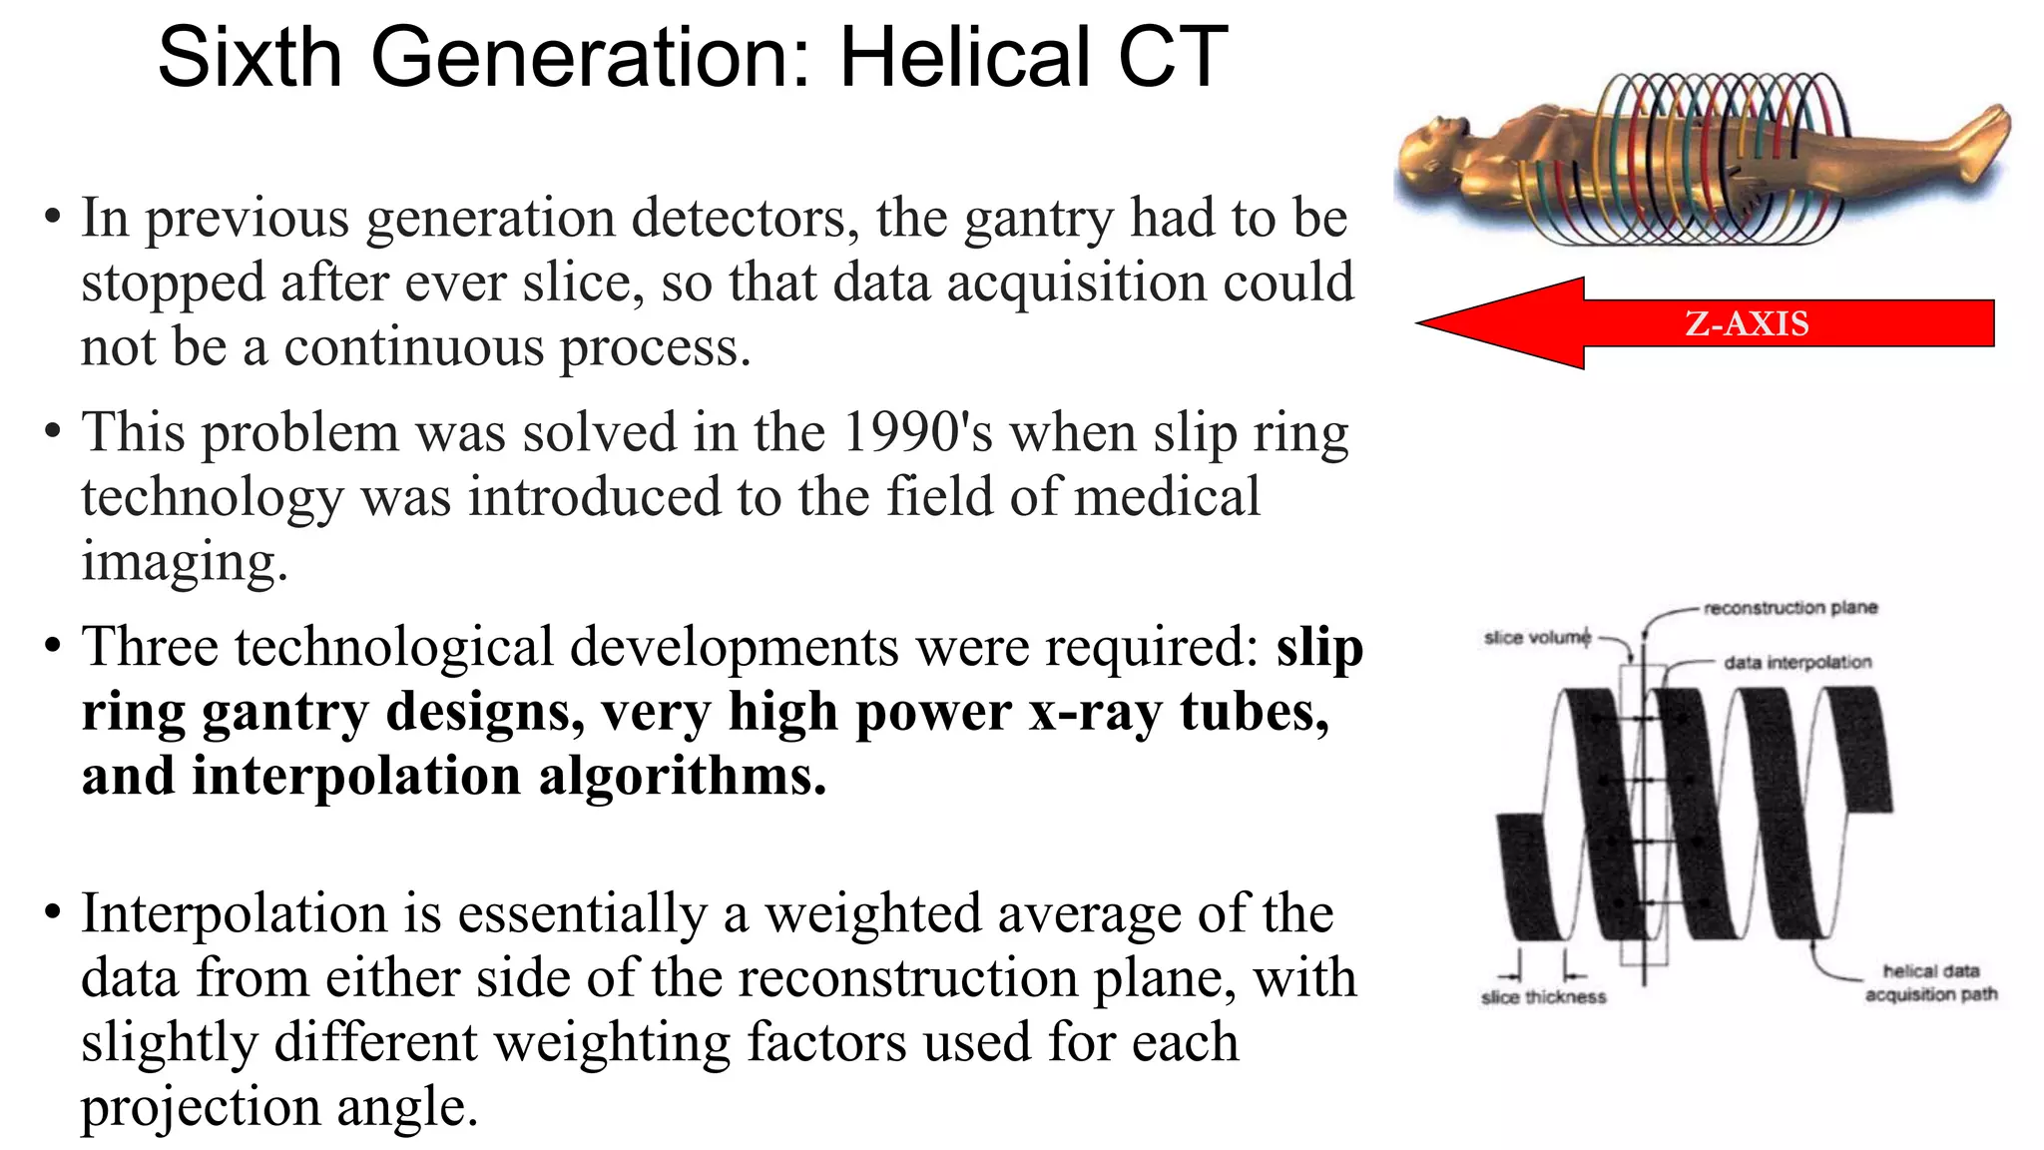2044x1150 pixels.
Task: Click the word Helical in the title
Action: [x=964, y=58]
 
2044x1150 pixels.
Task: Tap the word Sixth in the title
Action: [x=250, y=58]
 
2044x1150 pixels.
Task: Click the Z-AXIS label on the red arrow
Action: [x=1747, y=323]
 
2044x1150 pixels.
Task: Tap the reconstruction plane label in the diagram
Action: [x=1790, y=608]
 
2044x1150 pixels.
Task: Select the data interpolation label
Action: [x=1797, y=662]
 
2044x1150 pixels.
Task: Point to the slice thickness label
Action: [x=1543, y=996]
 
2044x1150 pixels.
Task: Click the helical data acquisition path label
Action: [x=1930, y=982]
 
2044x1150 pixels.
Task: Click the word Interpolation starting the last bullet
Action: [x=235, y=913]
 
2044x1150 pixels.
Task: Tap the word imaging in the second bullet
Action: [x=184, y=562]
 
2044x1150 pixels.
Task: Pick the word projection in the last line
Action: [x=200, y=1107]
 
